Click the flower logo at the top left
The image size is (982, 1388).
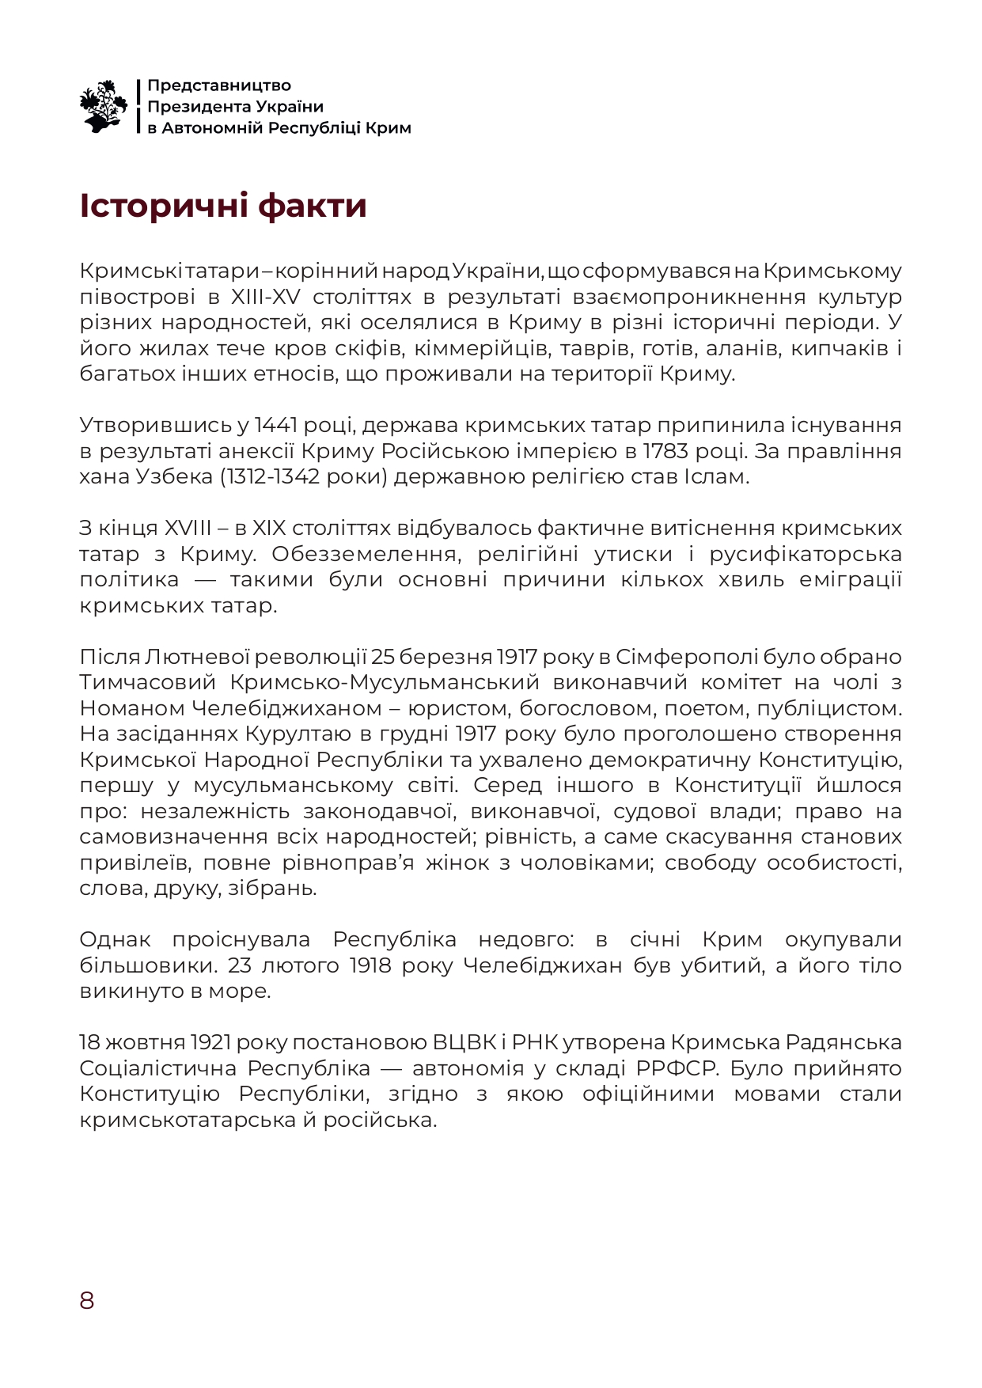(104, 106)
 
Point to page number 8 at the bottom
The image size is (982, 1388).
(86, 1300)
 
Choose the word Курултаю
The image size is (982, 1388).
(293, 734)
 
